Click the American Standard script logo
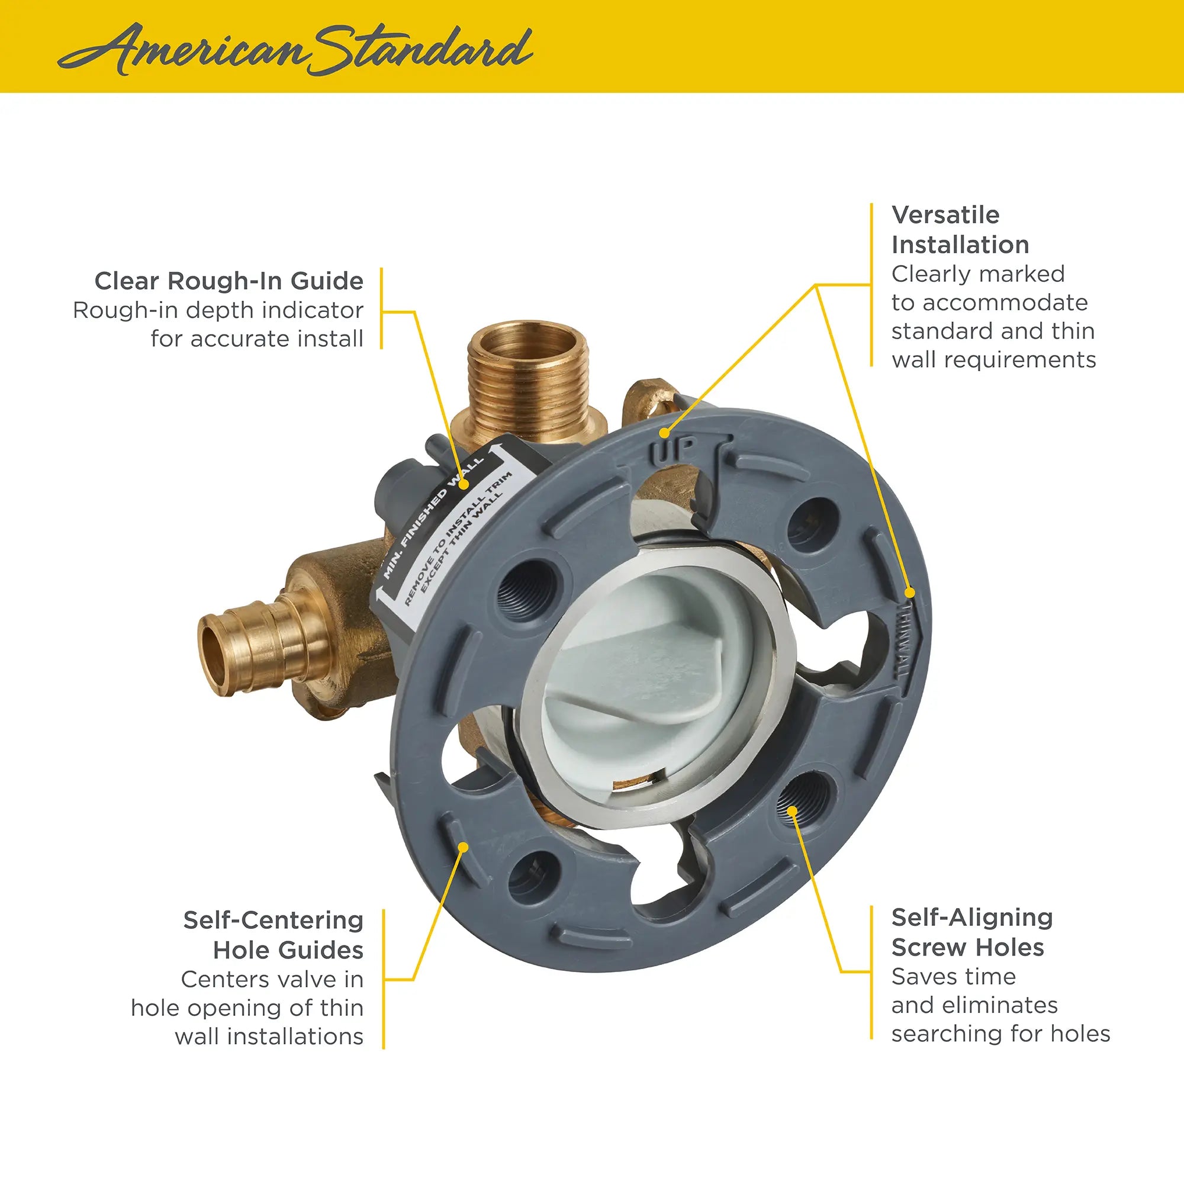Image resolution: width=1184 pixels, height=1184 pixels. coord(294,49)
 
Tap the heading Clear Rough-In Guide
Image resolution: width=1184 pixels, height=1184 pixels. coord(229,281)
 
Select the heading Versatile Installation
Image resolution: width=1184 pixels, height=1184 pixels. coord(960,230)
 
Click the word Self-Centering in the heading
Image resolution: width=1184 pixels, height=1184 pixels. coord(274,920)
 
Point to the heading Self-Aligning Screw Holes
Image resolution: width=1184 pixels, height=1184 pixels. coord(972,932)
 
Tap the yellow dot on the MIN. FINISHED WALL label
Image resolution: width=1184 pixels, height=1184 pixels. coord(464,484)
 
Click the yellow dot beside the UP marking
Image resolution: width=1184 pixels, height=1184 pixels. coord(664,433)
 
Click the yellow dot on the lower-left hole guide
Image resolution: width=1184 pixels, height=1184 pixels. coord(464,848)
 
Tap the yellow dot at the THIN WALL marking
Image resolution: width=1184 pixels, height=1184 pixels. coord(910,593)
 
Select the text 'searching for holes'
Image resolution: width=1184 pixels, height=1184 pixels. coord(1000,1033)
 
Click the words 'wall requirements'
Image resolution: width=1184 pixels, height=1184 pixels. coord(993,360)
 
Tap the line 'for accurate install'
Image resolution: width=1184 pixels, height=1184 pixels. coord(257,338)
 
